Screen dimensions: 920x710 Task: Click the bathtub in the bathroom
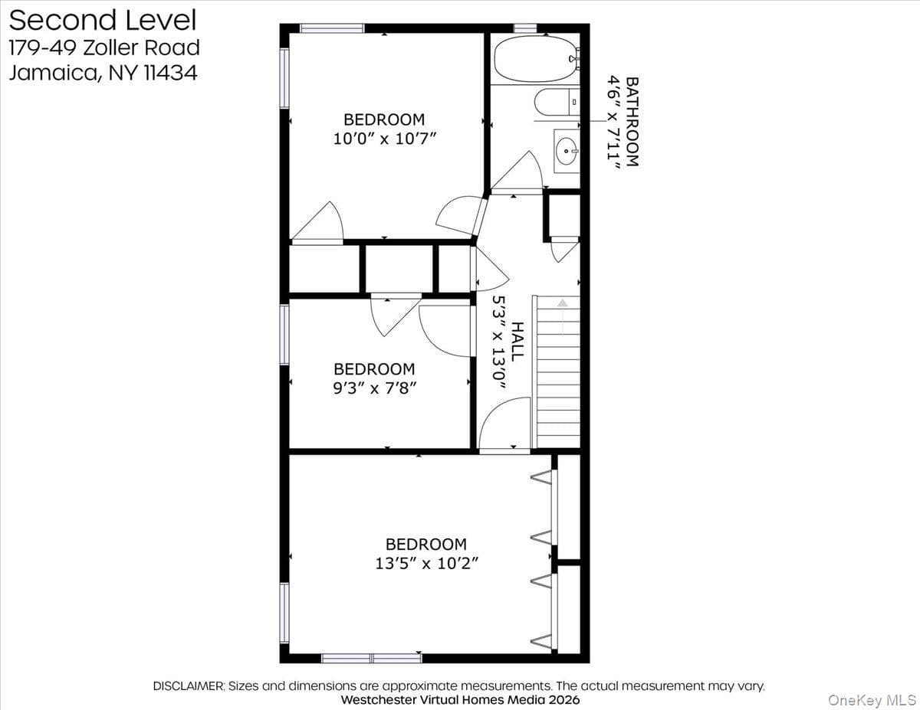click(x=536, y=59)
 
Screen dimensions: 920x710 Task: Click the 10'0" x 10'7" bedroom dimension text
click(x=384, y=139)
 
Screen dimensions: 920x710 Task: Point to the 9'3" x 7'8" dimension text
click(x=375, y=388)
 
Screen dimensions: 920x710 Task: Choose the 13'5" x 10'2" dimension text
click(x=426, y=563)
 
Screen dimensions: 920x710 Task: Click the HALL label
click(x=517, y=342)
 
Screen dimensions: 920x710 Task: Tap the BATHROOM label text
click(x=632, y=122)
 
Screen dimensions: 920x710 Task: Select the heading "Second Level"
click(x=103, y=21)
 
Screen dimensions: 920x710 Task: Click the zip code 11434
click(x=171, y=72)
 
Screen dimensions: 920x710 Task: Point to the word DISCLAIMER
click(x=189, y=686)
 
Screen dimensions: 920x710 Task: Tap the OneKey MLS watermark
click(x=872, y=700)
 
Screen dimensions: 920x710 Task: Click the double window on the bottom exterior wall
click(x=372, y=659)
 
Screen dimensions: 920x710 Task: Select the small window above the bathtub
click(x=525, y=28)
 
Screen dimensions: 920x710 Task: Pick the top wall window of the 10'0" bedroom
click(x=332, y=28)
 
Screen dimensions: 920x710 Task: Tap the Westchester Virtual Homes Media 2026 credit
click(x=460, y=700)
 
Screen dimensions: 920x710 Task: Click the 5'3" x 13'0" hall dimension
click(x=499, y=342)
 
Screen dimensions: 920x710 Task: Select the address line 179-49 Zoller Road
click(x=104, y=47)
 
